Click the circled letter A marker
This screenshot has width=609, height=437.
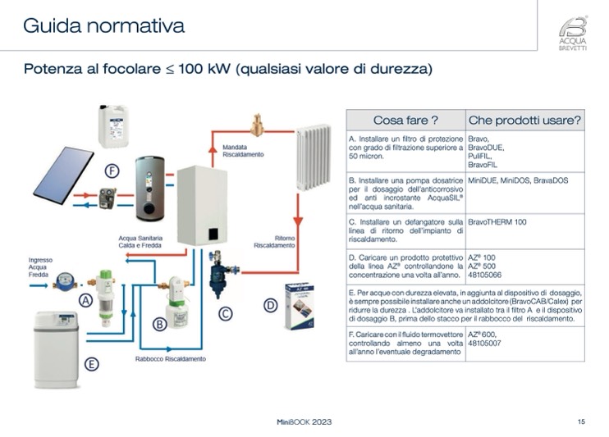coord(85,301)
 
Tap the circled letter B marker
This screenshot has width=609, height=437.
coord(160,324)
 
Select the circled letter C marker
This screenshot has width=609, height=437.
coord(224,312)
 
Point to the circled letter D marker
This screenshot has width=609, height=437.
coord(269,305)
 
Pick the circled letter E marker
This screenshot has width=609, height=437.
coord(92,364)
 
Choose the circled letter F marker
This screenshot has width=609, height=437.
coord(112,171)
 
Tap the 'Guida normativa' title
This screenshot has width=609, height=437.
coord(103,25)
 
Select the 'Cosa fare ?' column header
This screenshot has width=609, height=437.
coord(405,120)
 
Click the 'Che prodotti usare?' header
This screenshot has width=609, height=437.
coord(524,120)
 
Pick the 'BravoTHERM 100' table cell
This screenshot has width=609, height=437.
coord(497,222)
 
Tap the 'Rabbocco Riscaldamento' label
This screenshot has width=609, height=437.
coord(171,359)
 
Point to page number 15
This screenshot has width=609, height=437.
coord(581,421)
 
